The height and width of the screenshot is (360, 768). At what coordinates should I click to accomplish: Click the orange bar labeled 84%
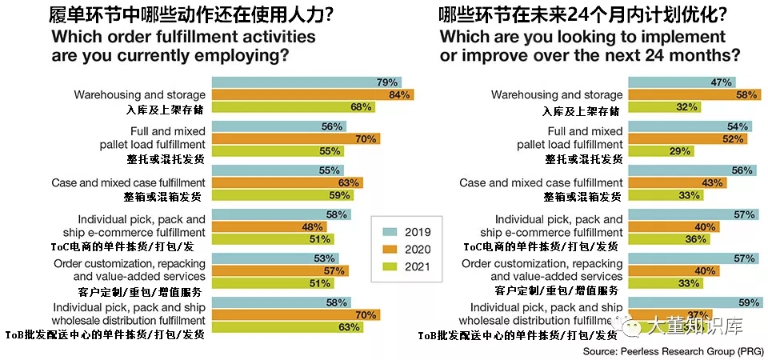[x=313, y=94]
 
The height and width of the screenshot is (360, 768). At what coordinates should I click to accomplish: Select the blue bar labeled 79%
[x=306, y=82]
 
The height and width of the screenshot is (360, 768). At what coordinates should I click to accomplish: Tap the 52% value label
[x=734, y=138]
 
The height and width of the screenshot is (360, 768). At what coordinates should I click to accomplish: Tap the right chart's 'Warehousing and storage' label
[x=557, y=94]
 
